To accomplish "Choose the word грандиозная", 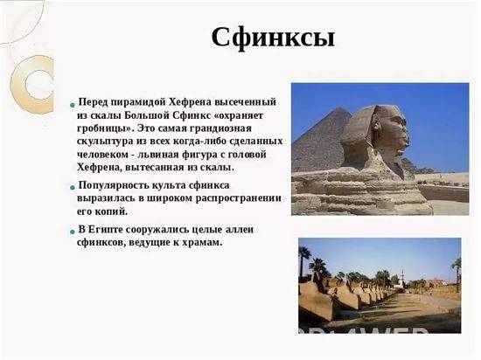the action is click(221, 128).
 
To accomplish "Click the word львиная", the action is click(158, 155).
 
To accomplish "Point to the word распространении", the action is click(239, 198).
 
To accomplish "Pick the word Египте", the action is click(106, 230).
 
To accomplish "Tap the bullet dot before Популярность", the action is click(73, 187).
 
